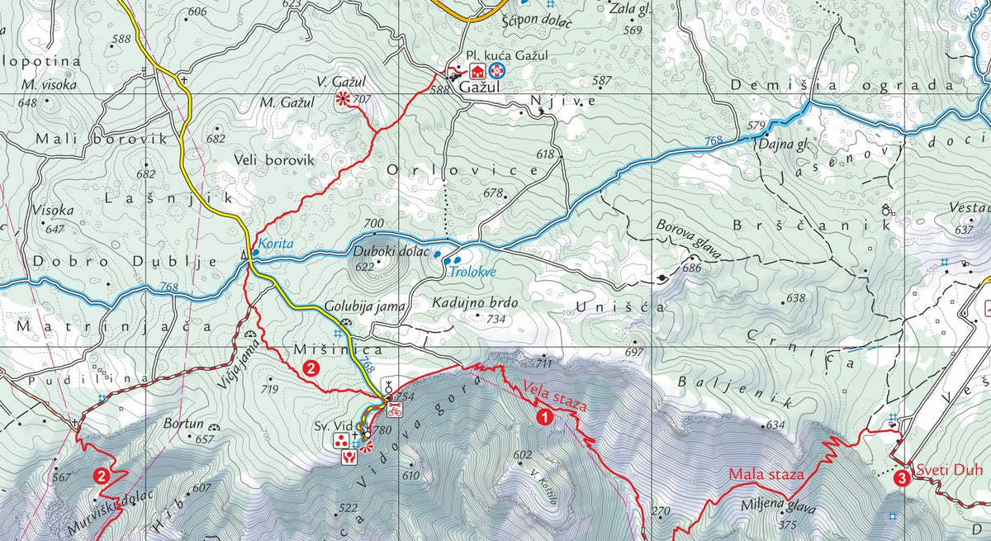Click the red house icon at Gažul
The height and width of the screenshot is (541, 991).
(477, 71)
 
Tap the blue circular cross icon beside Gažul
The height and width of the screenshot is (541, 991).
(496, 71)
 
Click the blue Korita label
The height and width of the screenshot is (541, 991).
(274, 244)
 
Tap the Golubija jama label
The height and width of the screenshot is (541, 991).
(365, 306)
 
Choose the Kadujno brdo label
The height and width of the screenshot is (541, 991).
(475, 303)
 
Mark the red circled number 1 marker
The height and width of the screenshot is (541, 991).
(544, 417)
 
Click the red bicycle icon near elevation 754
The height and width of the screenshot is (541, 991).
(395, 410)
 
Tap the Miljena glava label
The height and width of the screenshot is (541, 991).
(785, 508)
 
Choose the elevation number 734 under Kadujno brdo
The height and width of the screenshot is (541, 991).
(496, 319)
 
